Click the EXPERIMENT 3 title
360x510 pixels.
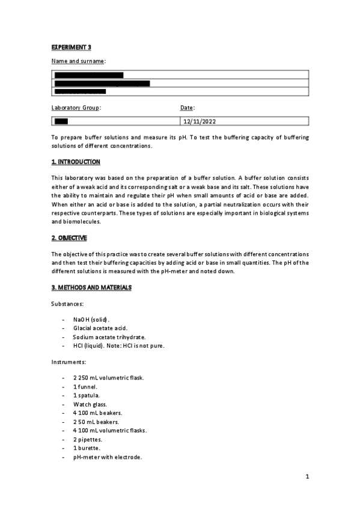click(x=71, y=47)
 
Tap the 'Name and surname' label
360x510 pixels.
click(x=78, y=61)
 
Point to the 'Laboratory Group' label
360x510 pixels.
click(x=76, y=108)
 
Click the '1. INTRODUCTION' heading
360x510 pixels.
click(x=76, y=162)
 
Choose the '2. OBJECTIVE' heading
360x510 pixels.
click(x=69, y=238)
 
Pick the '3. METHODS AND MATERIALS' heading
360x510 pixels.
click(x=91, y=288)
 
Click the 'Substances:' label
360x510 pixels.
click(x=67, y=305)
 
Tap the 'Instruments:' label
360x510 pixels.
click(x=69, y=363)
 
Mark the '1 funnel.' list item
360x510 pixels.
click(x=85, y=387)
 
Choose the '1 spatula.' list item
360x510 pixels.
click(x=87, y=396)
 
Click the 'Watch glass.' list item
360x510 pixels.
click(x=90, y=404)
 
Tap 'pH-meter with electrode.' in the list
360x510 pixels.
click(x=108, y=458)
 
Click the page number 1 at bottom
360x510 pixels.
click(x=307, y=477)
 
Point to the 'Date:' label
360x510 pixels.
click(x=188, y=108)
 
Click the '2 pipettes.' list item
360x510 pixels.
click(x=89, y=440)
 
